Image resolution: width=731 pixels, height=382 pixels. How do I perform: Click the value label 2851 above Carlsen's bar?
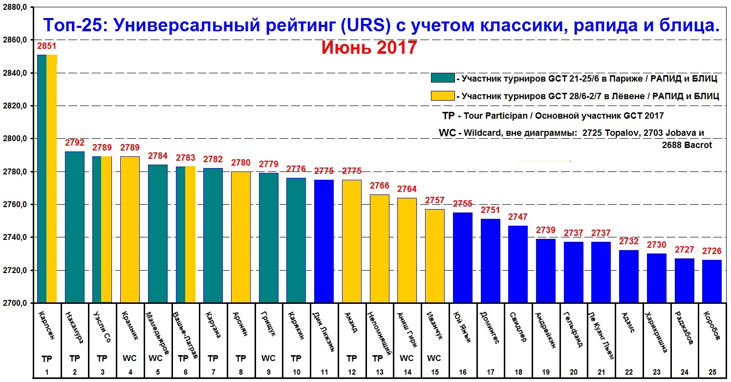pyautogui.click(x=47, y=46)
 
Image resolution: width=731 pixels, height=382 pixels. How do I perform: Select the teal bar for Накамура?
pyautogui.click(x=75, y=227)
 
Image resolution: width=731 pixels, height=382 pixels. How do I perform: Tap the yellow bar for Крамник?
pyautogui.click(x=129, y=230)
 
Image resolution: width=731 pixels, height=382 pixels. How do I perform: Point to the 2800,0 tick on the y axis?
pyautogui.click(x=15, y=139)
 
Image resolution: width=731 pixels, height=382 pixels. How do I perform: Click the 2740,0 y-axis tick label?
pyautogui.click(x=15, y=237)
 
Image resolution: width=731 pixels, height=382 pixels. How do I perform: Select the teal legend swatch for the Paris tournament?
pyautogui.click(x=442, y=78)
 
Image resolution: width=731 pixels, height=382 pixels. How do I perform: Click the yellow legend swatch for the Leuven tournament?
pyautogui.click(x=442, y=96)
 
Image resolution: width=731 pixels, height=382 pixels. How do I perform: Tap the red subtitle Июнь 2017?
pyautogui.click(x=369, y=48)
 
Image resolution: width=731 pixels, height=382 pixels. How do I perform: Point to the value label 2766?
pyautogui.click(x=380, y=186)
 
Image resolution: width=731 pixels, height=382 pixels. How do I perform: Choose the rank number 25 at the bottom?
pyautogui.click(x=712, y=373)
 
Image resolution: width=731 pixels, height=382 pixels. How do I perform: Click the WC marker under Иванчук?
pyautogui.click(x=434, y=358)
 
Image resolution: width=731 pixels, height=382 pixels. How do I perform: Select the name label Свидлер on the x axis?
pyautogui.click(x=518, y=326)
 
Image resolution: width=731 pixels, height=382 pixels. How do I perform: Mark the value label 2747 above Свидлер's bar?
pyautogui.click(x=518, y=217)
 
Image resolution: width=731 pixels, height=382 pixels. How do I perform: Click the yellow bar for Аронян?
pyautogui.click(x=240, y=237)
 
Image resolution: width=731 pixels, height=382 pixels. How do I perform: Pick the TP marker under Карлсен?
pyautogui.click(x=47, y=358)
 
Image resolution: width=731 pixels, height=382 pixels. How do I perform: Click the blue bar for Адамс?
pyautogui.click(x=629, y=276)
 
